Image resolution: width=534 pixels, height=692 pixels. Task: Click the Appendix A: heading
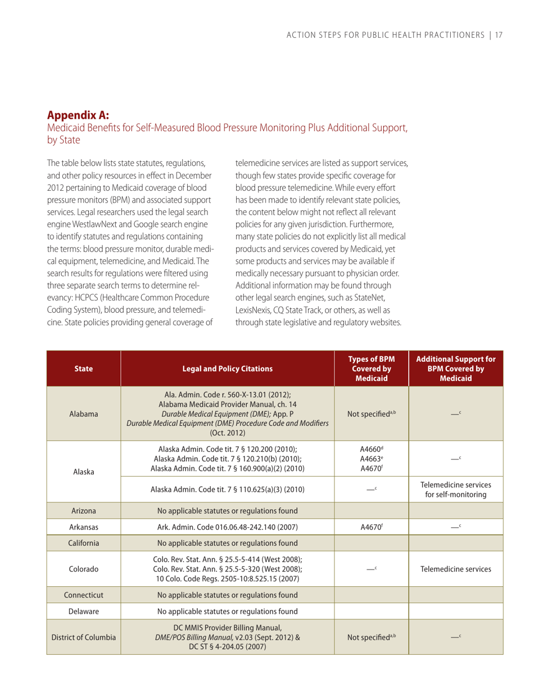[78, 116]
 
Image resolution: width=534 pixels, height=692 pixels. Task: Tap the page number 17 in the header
[498, 35]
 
